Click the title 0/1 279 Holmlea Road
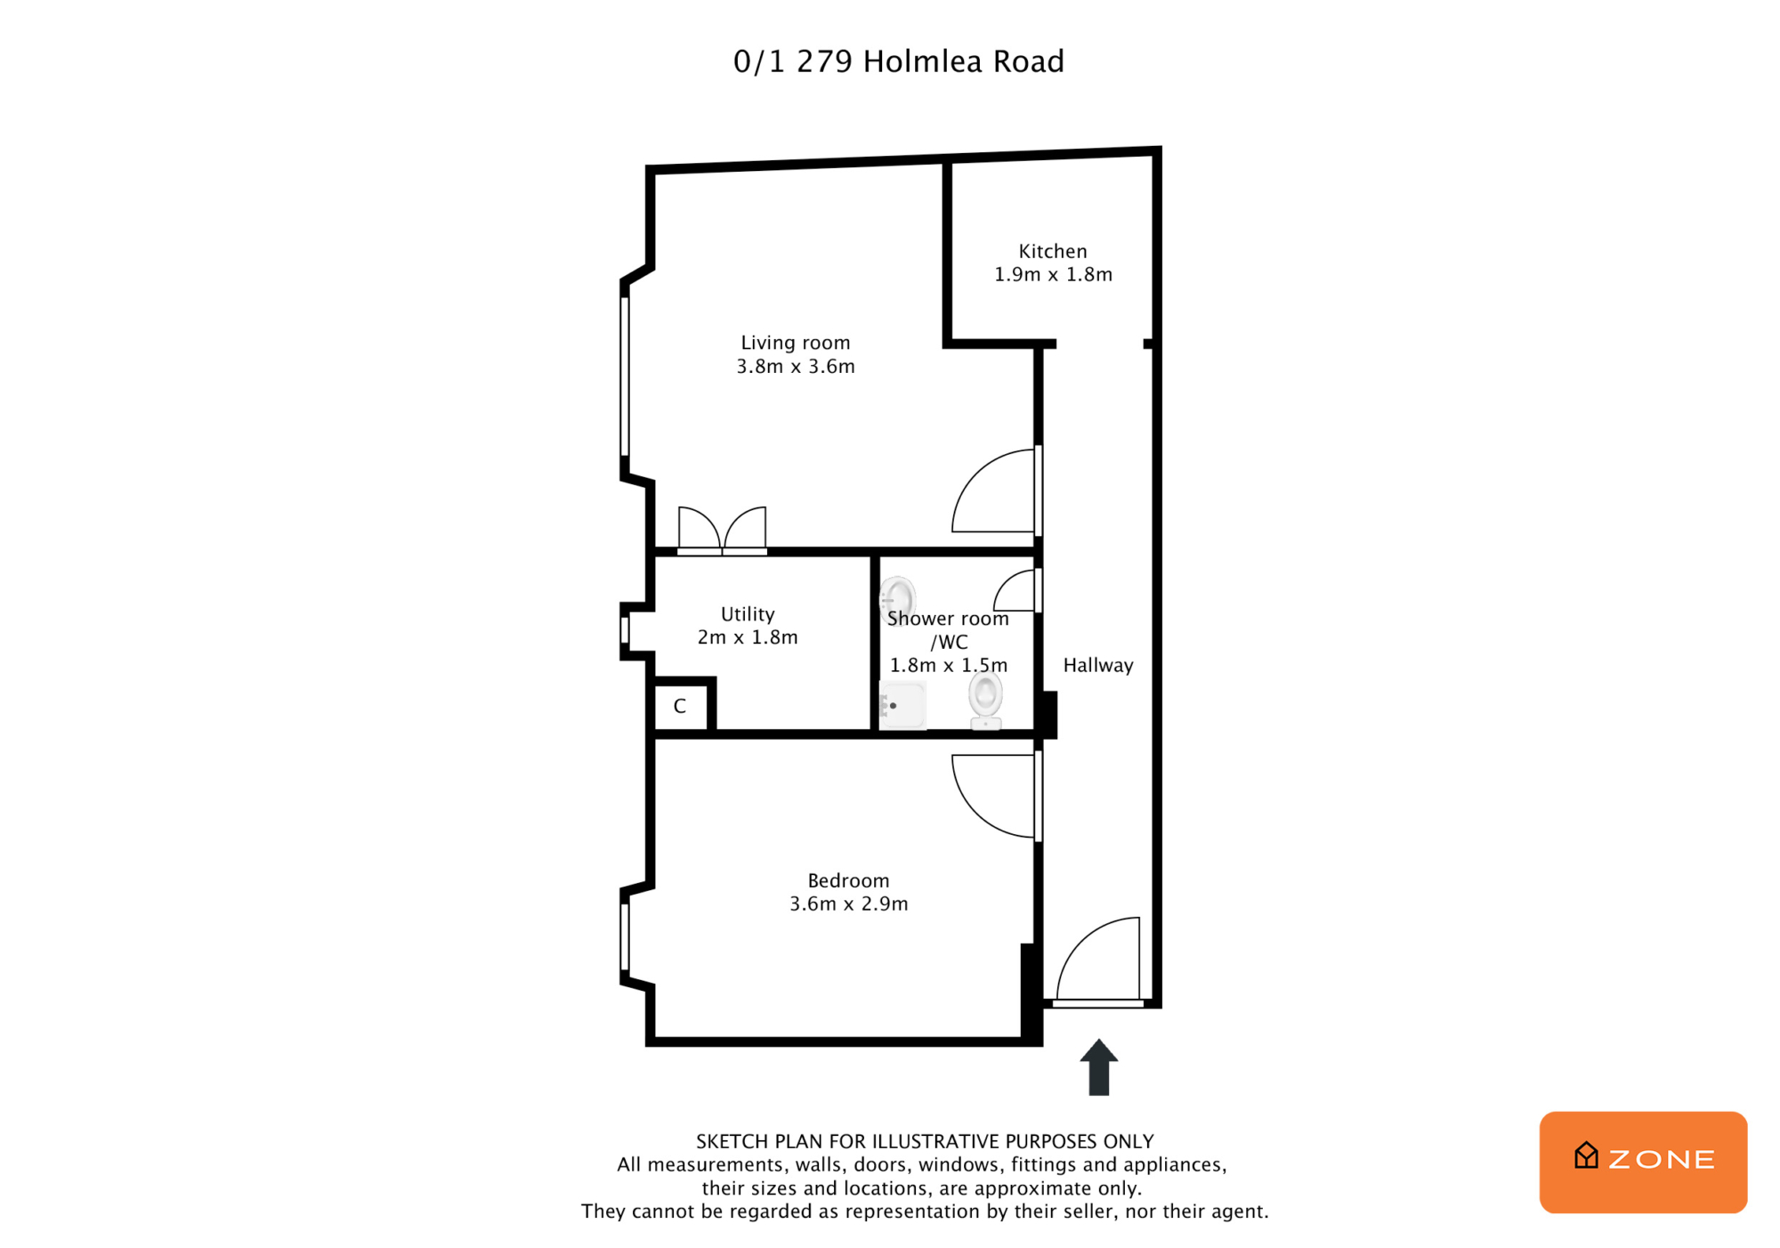click(898, 61)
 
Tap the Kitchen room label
click(1053, 251)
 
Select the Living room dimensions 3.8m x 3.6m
click(796, 366)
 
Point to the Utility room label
click(748, 614)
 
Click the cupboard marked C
click(681, 707)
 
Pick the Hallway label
click(1098, 665)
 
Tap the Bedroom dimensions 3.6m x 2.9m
click(849, 904)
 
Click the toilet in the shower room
click(985, 700)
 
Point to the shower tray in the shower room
click(902, 705)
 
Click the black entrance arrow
click(1099, 1066)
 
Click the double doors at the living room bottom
click(722, 531)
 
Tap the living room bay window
click(625, 377)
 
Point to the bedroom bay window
click(625, 937)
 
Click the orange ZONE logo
click(1643, 1162)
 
